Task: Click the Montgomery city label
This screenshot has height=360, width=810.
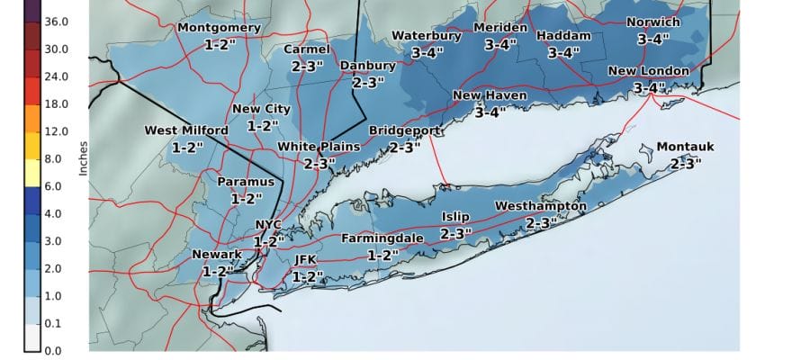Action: pos(219,27)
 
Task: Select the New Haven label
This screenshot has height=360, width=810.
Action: pos(490,95)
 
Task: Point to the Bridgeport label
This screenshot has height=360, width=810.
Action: pos(405,131)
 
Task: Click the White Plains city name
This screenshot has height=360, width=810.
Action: pos(319,147)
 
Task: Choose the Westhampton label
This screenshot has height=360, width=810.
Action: pos(541,206)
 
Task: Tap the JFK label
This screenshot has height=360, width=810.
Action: pos(307,260)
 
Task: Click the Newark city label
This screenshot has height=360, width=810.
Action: pos(217,255)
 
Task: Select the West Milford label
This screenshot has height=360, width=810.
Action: pos(186,131)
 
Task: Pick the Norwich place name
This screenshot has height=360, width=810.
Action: pos(653,22)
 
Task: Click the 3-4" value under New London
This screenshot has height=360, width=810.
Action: pos(649,87)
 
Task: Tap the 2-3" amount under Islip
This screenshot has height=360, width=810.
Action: pos(455,234)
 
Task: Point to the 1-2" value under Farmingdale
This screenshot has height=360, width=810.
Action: pos(382,255)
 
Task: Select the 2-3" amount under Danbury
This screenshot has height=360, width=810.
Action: pos(368,82)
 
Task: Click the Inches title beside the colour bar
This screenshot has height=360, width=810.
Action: pos(83,157)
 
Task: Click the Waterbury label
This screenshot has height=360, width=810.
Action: pos(426,36)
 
